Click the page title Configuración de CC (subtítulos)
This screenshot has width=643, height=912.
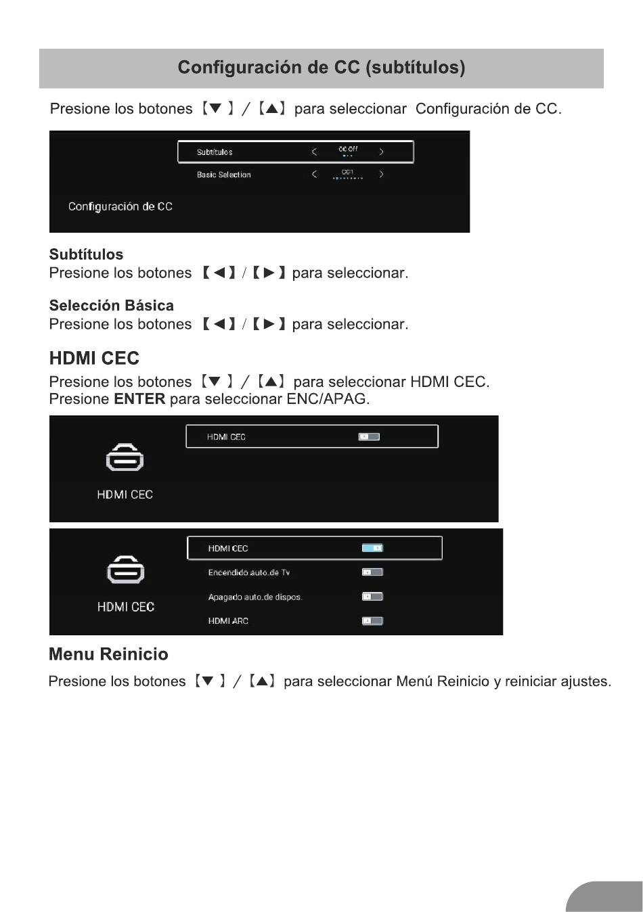(x=321, y=68)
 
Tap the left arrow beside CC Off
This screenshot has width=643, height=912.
(x=314, y=152)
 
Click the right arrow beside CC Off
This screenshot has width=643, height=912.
(x=381, y=152)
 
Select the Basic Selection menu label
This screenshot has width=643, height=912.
(x=223, y=175)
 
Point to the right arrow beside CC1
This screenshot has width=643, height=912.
(x=381, y=175)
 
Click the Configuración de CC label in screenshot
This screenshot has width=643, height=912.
(x=120, y=206)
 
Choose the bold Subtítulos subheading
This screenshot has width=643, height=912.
(x=86, y=254)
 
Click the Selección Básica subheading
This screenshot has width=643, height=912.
(x=111, y=305)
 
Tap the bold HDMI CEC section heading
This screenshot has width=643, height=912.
(x=94, y=359)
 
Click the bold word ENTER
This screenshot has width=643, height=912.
(x=139, y=399)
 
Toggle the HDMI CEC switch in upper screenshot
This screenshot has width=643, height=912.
(x=369, y=436)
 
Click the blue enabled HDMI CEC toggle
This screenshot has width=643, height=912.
(x=372, y=548)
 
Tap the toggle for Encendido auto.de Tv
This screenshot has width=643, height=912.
(x=372, y=572)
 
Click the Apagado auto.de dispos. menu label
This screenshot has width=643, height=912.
(x=254, y=597)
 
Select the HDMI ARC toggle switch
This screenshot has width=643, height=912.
(x=372, y=620)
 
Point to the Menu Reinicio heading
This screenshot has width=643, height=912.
(x=108, y=654)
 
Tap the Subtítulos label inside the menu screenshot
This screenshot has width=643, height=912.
(x=215, y=152)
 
